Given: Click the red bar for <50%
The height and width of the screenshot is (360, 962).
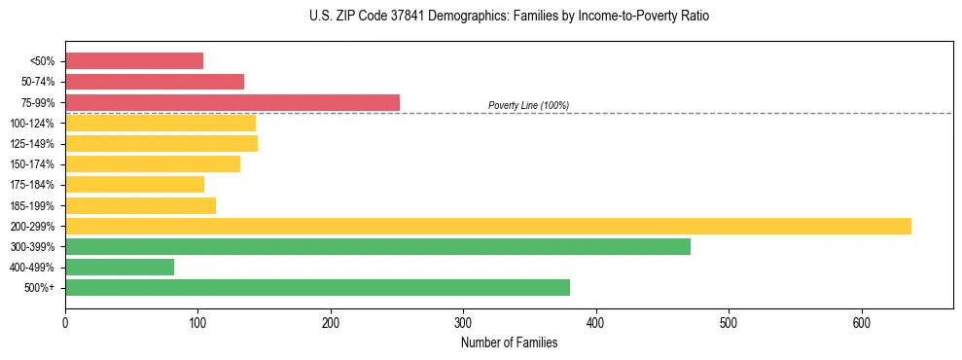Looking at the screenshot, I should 134,61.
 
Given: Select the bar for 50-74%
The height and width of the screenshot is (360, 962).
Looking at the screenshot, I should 155,82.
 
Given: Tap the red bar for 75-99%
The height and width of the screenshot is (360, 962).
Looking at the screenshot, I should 232,102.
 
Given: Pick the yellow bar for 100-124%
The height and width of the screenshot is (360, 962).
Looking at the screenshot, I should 160,123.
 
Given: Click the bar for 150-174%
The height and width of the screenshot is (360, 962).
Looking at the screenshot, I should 153,164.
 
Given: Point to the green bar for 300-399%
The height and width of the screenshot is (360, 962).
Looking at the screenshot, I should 377,246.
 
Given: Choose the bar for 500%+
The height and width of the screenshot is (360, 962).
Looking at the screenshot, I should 317,288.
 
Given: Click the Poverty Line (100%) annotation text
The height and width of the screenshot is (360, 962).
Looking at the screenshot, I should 528,105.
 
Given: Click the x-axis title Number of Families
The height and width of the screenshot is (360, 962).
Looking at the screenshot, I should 509,342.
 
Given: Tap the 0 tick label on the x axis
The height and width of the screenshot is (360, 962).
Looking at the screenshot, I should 65,322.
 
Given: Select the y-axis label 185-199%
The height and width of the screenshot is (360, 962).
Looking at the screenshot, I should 32,205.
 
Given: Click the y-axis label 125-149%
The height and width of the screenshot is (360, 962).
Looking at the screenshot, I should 32,144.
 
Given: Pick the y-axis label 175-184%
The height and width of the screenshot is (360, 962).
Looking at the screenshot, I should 32,185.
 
